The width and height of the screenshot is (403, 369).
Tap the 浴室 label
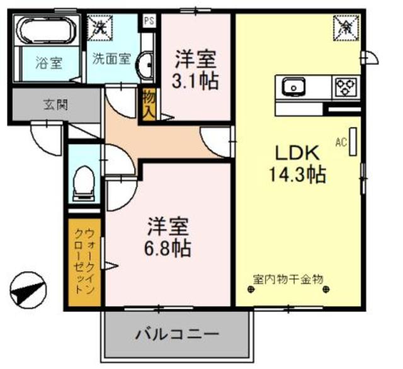tap(48, 63)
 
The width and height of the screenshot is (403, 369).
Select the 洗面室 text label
tap(111, 60)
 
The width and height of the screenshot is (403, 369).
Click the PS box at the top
tap(149, 21)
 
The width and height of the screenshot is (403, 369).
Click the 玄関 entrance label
tap(55, 105)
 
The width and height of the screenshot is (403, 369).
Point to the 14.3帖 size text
tap(298, 175)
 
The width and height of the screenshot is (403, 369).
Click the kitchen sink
tap(293, 86)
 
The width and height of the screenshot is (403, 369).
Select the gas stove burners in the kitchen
tap(346, 86)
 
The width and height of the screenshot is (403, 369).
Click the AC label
tap(341, 142)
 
